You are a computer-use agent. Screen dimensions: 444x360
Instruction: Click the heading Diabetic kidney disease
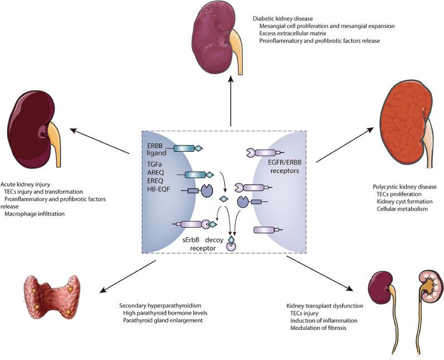[283, 18]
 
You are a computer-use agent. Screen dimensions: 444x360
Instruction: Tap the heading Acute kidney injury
[25, 184]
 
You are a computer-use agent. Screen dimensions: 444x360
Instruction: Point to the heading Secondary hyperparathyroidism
[160, 306]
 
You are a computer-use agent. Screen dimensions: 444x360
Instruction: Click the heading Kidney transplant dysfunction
[325, 306]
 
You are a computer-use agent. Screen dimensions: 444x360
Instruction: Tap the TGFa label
[156, 164]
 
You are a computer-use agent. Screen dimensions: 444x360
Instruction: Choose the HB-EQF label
[158, 189]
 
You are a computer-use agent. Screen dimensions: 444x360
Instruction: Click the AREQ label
[156, 172]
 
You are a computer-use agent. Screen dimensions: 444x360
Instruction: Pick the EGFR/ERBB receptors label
[284, 167]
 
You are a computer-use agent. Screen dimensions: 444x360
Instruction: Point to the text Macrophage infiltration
[35, 214]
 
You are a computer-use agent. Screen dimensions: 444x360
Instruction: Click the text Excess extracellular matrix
[293, 33]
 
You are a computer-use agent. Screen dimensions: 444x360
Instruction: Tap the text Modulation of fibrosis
[318, 328]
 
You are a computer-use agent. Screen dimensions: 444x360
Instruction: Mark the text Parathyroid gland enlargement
[163, 320]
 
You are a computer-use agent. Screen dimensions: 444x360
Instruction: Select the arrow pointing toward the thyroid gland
[128, 276]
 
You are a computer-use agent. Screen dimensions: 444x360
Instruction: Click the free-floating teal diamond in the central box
[224, 199]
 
